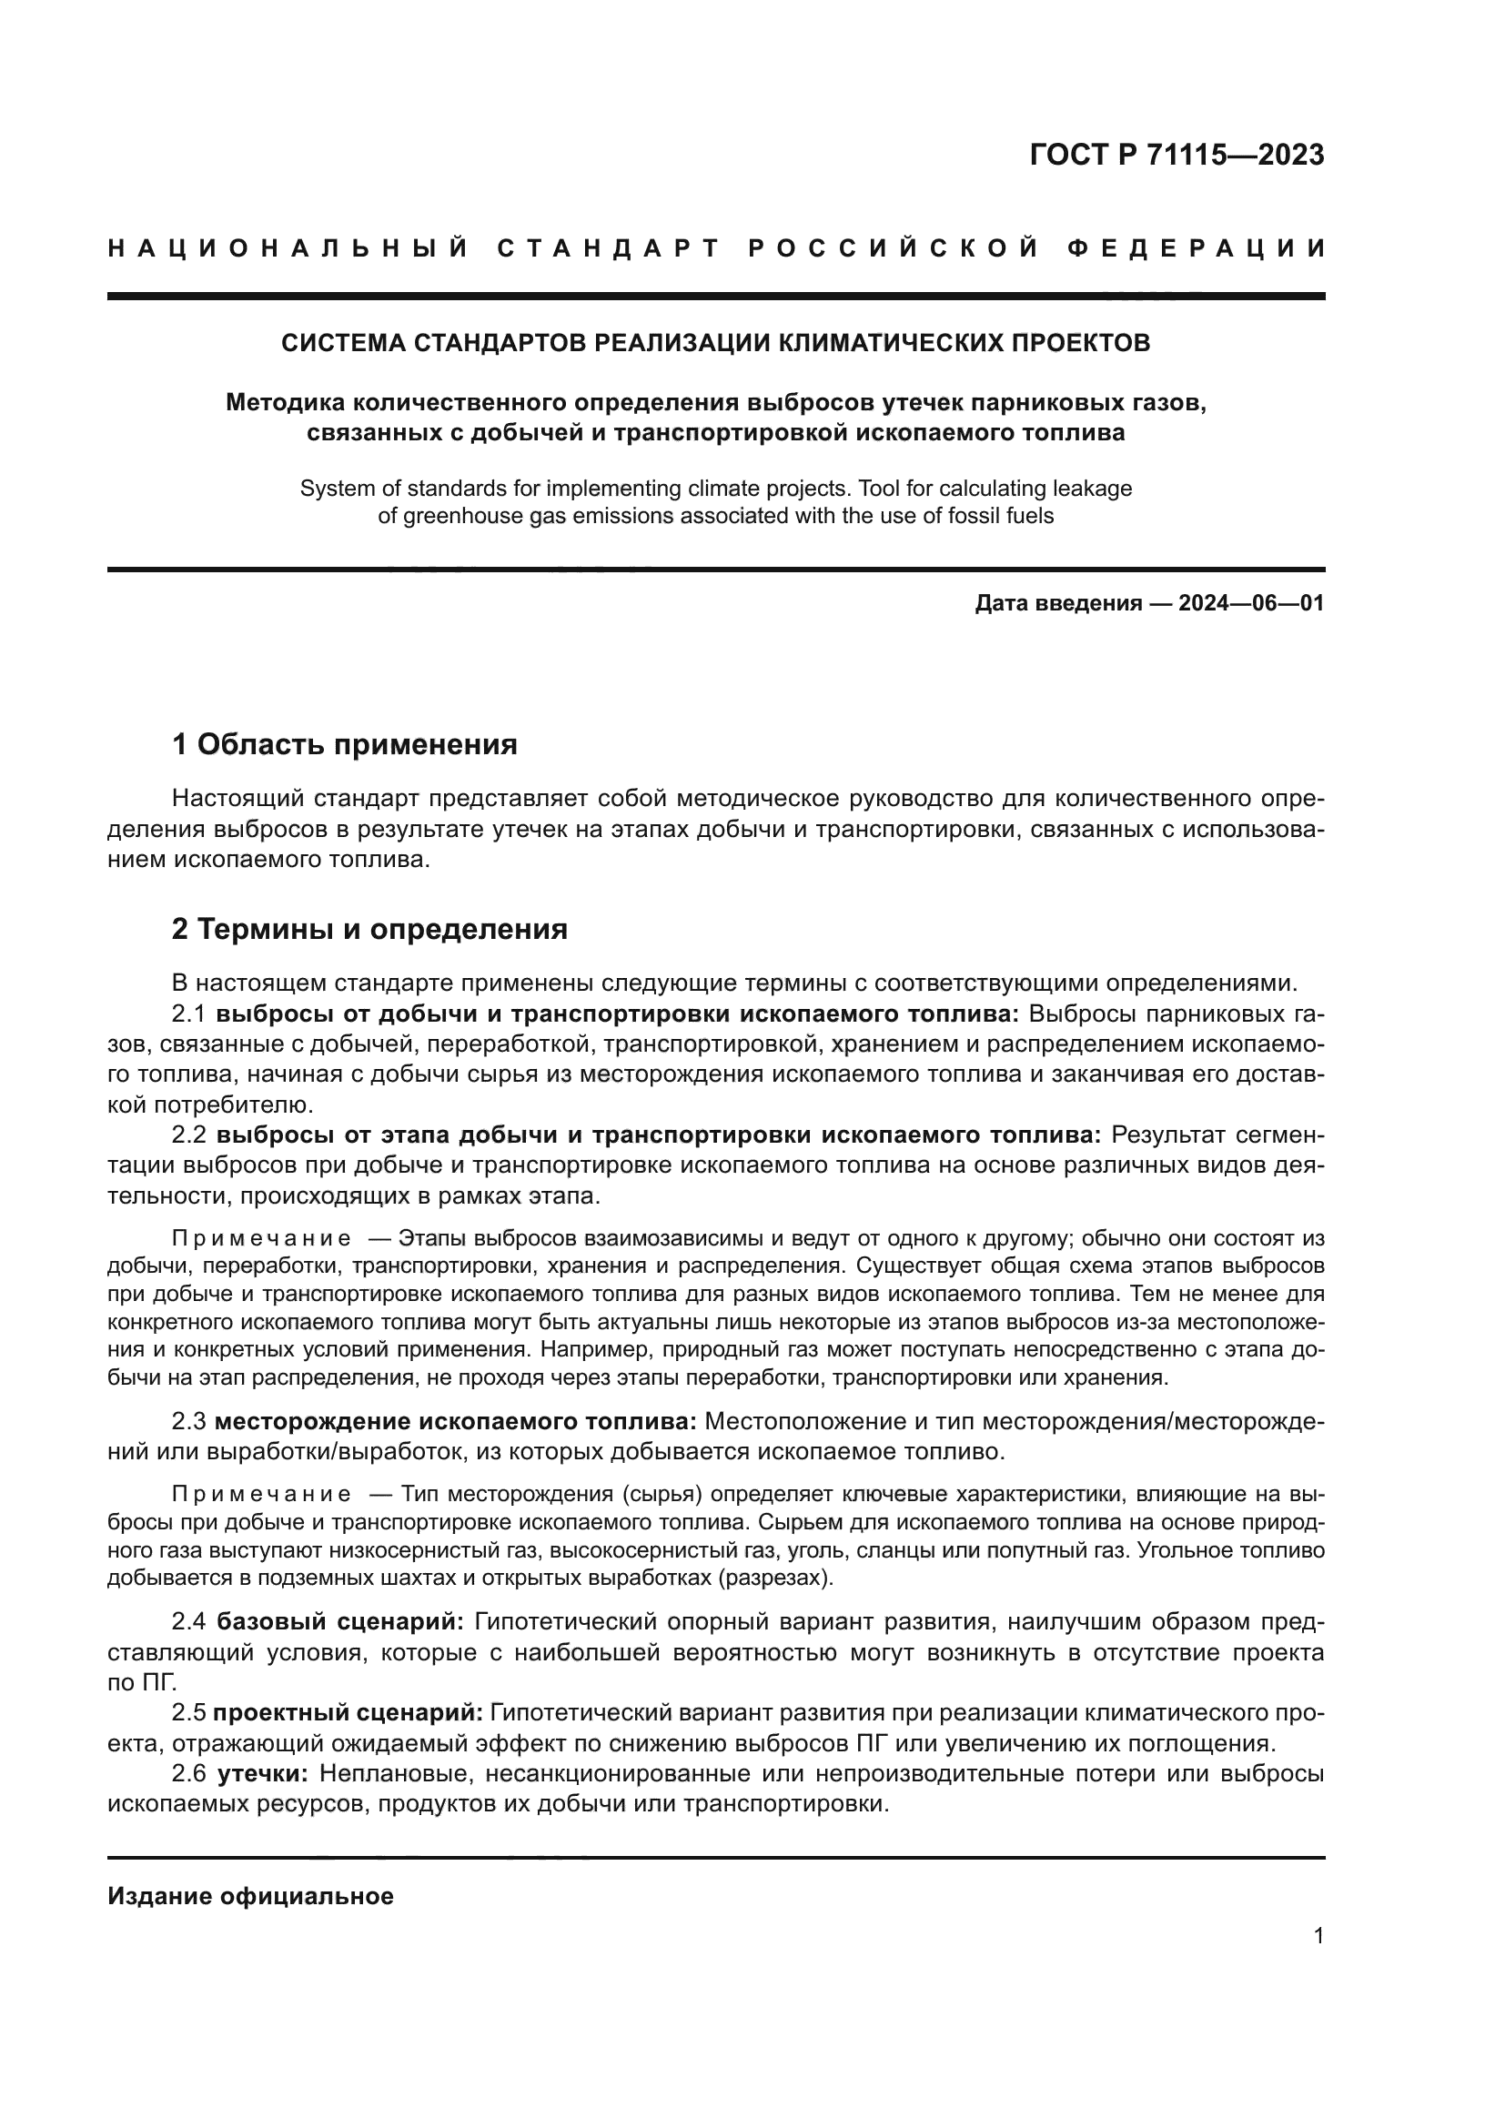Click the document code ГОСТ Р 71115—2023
[x=1176, y=155]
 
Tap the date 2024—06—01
[x=1251, y=604]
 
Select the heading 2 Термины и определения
[x=369, y=929]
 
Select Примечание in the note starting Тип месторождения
[x=261, y=1494]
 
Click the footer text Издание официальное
[x=250, y=1896]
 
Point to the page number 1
[x=1318, y=1936]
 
